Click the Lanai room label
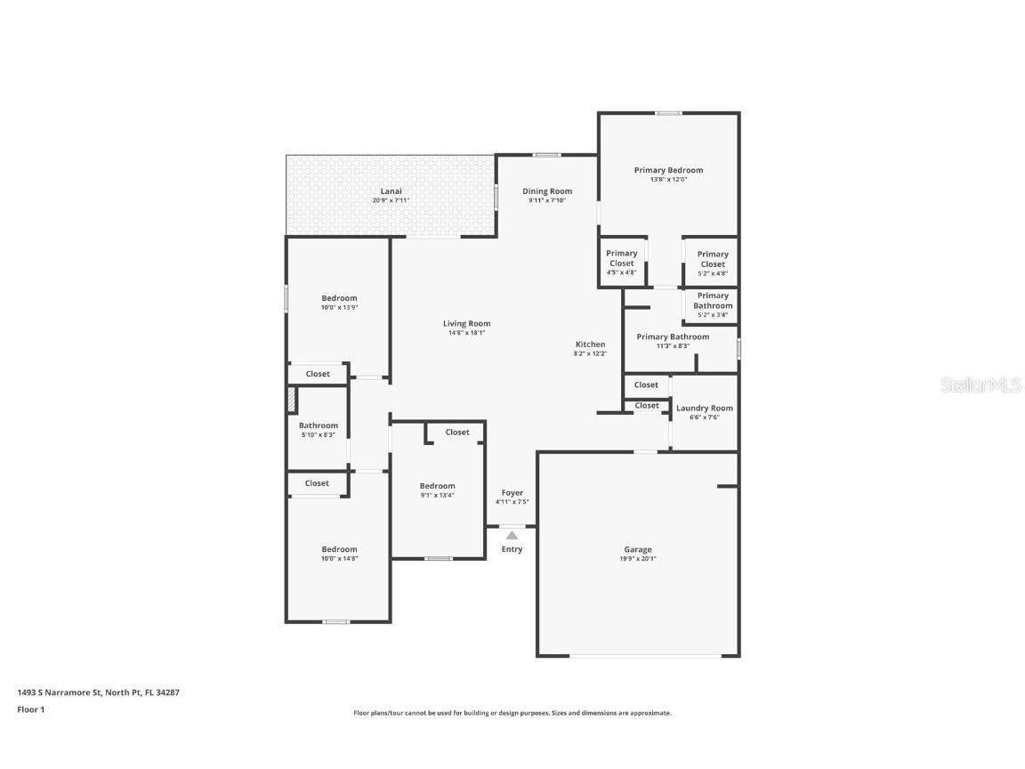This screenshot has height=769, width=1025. (x=391, y=191)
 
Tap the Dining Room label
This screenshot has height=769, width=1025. (x=547, y=191)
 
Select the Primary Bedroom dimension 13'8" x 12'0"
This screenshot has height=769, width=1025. (x=668, y=180)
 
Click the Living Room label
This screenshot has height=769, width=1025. (x=467, y=324)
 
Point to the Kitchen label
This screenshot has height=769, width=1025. (x=590, y=344)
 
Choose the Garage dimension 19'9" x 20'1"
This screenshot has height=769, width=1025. (x=637, y=559)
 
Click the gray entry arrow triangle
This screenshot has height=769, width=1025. (x=512, y=535)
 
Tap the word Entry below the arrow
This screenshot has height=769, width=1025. (x=512, y=549)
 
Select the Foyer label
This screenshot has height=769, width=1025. (x=512, y=493)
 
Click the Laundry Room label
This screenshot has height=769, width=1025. (x=705, y=409)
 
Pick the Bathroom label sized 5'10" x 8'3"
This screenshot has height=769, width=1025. (x=318, y=425)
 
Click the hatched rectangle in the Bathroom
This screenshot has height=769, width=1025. (x=291, y=401)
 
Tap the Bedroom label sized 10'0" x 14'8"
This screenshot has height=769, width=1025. (x=339, y=549)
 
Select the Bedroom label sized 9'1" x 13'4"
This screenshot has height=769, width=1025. (x=437, y=486)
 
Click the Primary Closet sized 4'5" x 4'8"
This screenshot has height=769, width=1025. (x=622, y=259)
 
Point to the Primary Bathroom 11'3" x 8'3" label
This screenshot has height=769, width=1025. (x=673, y=337)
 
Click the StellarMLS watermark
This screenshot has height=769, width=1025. (x=981, y=385)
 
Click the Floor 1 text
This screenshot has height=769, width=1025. (x=30, y=709)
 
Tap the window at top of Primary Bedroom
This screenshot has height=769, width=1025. (x=668, y=113)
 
